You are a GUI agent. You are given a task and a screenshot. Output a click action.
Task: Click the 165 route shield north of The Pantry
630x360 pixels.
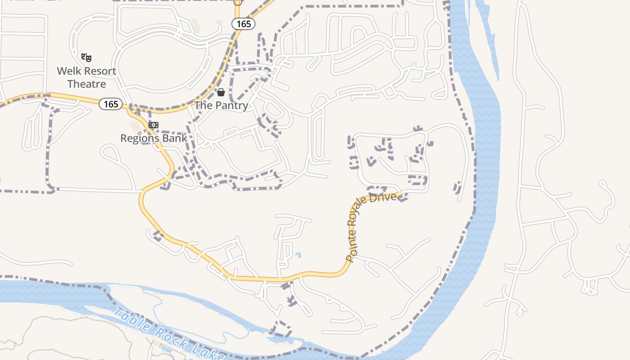tap(243, 24)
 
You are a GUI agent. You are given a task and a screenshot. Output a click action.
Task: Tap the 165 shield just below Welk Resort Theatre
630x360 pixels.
tap(111, 104)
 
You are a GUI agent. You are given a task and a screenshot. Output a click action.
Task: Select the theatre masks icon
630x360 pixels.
tap(86, 57)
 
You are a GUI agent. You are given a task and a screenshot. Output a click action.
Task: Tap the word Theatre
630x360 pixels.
tap(86, 84)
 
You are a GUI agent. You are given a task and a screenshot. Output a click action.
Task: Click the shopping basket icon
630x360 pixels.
tap(221, 92)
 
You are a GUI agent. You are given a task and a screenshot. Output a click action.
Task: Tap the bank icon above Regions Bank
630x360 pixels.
tap(153, 125)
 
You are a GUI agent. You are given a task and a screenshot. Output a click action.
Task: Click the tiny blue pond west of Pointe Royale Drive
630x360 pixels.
tap(297, 255)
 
